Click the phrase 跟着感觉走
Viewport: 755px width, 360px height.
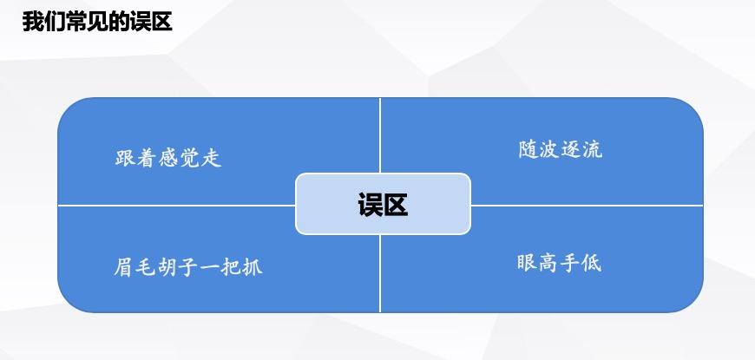[168, 158]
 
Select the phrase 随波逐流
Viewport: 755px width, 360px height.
[560, 149]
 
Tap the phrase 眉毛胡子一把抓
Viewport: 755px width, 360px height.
[187, 265]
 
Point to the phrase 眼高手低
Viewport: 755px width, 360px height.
[559, 262]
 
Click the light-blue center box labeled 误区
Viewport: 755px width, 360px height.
[383, 204]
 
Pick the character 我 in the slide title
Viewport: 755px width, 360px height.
[32, 22]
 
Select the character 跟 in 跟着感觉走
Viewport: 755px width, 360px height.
[126, 158]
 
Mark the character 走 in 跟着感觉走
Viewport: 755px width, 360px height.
[212, 158]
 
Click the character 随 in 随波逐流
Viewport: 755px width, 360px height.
[528, 149]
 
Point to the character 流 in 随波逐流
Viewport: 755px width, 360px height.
[592, 149]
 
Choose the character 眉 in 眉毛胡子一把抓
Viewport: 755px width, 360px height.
[123, 265]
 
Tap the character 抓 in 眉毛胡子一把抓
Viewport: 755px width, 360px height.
[252, 265]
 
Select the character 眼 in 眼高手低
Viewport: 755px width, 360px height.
[527, 262]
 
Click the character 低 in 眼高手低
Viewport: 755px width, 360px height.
[591, 262]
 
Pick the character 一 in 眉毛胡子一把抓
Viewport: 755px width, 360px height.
[209, 265]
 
